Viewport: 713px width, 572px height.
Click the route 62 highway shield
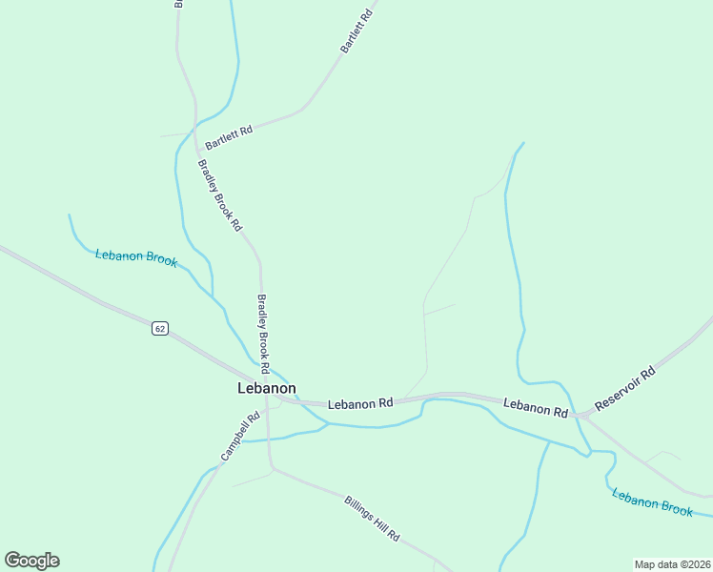click(x=159, y=328)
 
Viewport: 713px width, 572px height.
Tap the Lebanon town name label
click(x=266, y=388)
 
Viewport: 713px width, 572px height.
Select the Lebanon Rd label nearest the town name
click(x=360, y=404)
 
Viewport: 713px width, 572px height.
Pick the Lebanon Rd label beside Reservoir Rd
click(x=536, y=408)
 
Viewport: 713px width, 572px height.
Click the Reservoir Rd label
click(x=625, y=389)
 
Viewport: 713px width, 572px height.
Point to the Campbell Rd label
click(x=240, y=437)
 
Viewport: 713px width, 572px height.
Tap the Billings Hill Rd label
click(x=372, y=519)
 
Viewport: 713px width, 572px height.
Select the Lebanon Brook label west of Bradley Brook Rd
click(x=136, y=257)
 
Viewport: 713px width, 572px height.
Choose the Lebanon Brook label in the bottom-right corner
click(x=652, y=501)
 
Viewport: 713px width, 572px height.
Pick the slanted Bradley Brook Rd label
click(x=220, y=195)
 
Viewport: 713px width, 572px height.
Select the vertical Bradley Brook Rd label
click(x=264, y=333)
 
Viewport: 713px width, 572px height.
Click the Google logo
click(x=31, y=561)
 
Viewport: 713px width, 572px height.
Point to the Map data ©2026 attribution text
click(x=672, y=564)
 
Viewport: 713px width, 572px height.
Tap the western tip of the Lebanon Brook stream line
click(x=70, y=215)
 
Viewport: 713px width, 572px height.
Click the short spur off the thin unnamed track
click(x=439, y=309)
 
